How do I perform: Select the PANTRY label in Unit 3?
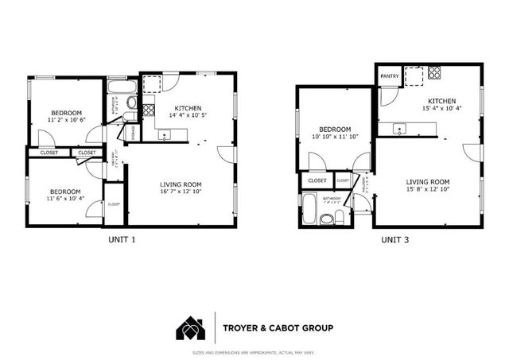(390, 76)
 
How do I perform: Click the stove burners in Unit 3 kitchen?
(435, 74)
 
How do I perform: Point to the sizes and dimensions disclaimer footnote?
(254, 353)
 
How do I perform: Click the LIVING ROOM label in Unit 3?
(428, 181)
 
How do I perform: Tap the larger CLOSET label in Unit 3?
(317, 180)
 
